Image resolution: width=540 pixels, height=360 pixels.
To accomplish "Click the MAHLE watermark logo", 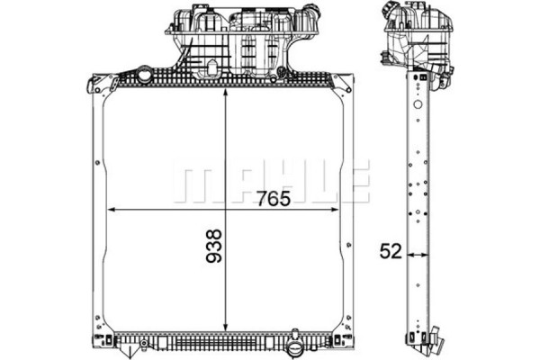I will coord(271,183).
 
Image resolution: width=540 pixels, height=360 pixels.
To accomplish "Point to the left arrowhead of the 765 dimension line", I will coord(112,210).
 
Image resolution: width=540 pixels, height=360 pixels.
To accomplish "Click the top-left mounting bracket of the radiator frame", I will coord(99,84).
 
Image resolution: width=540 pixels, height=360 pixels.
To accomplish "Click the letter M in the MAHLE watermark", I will coord(191,183).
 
